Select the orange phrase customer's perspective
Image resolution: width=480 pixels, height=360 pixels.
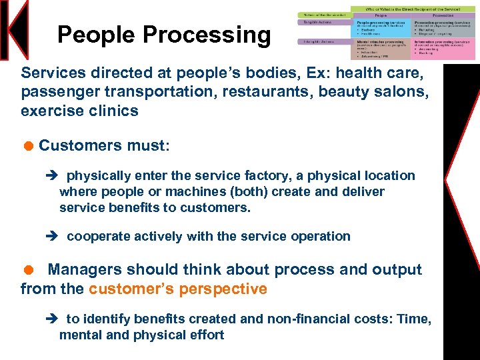178,289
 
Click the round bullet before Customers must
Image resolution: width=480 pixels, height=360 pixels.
28,145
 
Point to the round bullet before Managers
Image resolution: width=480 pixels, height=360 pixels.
28,269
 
